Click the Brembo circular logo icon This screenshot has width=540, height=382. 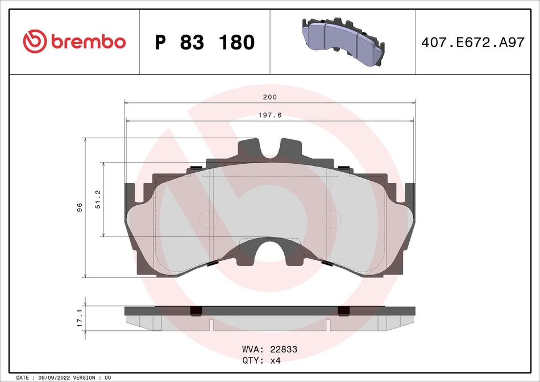click(x=34, y=42)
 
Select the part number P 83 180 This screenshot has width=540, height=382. click(x=205, y=43)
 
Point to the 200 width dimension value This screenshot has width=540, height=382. click(x=269, y=97)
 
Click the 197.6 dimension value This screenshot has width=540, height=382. click(x=269, y=115)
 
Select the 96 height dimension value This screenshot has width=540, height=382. click(x=80, y=207)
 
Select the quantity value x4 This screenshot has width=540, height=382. click(x=275, y=360)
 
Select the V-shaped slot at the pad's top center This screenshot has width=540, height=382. click(x=269, y=149)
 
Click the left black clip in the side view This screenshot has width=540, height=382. click(x=196, y=310)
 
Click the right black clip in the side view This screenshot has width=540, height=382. click(x=344, y=310)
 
